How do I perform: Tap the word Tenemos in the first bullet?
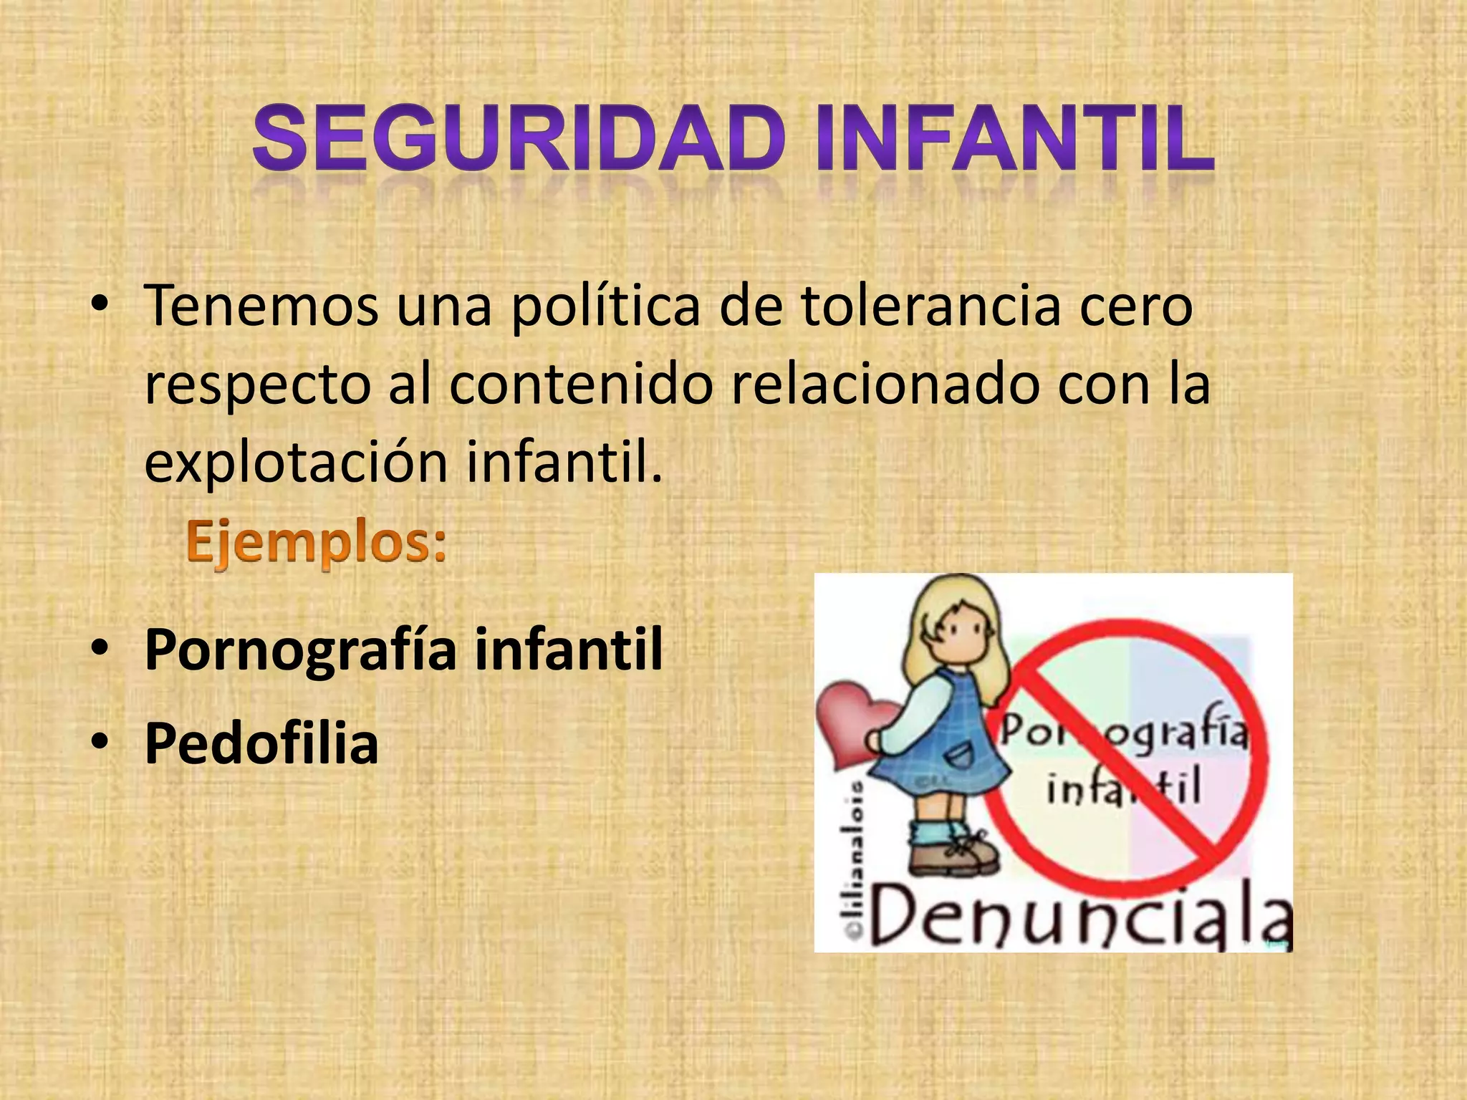261,307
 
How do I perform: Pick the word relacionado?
884,384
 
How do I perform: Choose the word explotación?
295,463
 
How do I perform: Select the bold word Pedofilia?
261,743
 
